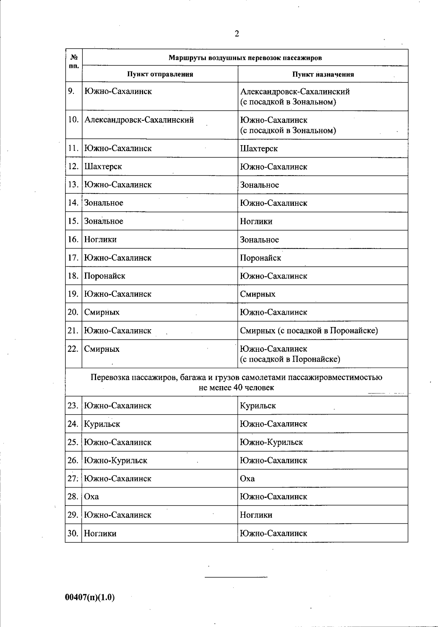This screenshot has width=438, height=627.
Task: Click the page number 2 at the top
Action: [x=237, y=34]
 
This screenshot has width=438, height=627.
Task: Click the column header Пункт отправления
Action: [x=160, y=74]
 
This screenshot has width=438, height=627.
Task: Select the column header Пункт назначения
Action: [x=323, y=74]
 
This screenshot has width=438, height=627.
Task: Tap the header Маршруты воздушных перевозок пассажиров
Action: [x=245, y=58]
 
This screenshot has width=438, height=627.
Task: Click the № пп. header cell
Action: [x=74, y=61]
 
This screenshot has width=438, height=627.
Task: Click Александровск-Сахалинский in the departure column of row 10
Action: [x=139, y=120]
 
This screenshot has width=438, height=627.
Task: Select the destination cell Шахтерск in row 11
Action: [x=259, y=149]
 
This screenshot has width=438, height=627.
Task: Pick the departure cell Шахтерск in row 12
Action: [x=103, y=167]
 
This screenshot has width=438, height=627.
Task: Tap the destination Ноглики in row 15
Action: [x=256, y=222]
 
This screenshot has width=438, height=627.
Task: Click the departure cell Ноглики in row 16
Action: [x=100, y=240]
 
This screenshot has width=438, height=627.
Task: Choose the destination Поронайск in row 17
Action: [x=260, y=258]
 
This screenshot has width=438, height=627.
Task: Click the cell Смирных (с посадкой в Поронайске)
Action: [x=309, y=331]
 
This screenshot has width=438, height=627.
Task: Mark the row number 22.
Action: [x=73, y=349]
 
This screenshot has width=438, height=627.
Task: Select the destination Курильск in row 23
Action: [x=258, y=406]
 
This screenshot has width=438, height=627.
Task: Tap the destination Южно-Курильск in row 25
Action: [x=271, y=442]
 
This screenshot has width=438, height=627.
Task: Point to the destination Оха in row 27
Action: [x=247, y=478]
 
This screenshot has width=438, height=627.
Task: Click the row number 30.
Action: [x=73, y=534]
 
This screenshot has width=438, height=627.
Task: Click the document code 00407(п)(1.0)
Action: [x=90, y=597]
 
